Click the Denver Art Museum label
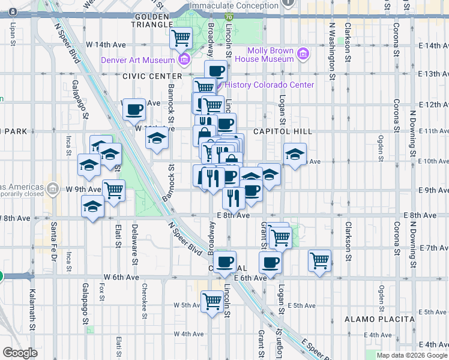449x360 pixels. pyautogui.click(x=137, y=59)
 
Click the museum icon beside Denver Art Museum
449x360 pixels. pyautogui.click(x=184, y=59)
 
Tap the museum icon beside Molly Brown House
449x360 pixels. pyautogui.click(x=303, y=55)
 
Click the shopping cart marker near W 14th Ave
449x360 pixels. pyautogui.click(x=181, y=39)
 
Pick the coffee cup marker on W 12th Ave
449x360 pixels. pyautogui.click(x=134, y=109)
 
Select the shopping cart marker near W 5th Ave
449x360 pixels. pyautogui.click(x=212, y=301)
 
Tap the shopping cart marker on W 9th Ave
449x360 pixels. pyautogui.click(x=113, y=191)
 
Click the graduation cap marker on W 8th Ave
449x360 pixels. pyautogui.click(x=92, y=207)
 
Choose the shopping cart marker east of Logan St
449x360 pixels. pyautogui.click(x=319, y=260)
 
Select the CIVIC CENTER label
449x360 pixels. pyautogui.click(x=152, y=76)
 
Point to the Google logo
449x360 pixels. pyautogui.click(x=20, y=353)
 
